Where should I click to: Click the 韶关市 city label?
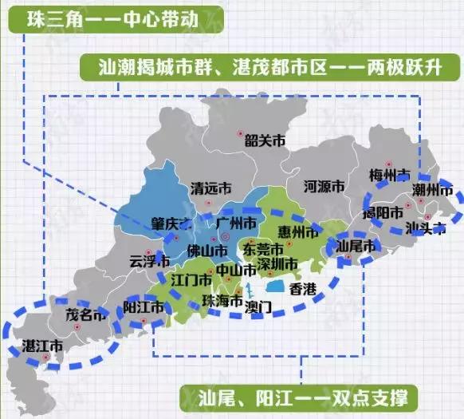(x=265, y=141)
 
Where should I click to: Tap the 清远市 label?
(x=212, y=189)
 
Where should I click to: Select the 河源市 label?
(x=324, y=187)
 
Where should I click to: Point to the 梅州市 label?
(x=390, y=174)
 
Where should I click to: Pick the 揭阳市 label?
(x=382, y=212)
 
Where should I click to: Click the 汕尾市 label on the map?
(x=356, y=247)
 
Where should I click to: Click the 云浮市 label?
(x=150, y=261)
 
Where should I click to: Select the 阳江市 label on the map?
(x=144, y=306)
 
